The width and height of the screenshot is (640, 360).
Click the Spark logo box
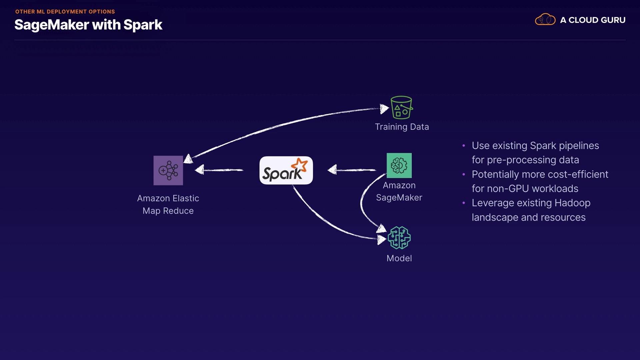point(286,170)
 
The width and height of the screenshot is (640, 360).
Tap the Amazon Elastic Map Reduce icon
point(168,170)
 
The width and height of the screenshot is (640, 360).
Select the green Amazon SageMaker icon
point(399,165)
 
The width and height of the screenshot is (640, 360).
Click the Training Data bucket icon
point(401,107)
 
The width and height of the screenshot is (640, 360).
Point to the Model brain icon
point(399,238)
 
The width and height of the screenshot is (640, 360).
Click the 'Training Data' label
point(402,127)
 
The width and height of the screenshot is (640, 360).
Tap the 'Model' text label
point(399,258)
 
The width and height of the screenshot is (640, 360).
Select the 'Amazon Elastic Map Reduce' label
point(168,204)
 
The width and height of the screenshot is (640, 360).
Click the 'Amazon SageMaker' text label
point(399,191)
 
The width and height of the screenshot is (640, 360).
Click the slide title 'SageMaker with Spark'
point(88,25)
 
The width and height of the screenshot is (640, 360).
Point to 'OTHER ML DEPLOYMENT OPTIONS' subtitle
point(65,12)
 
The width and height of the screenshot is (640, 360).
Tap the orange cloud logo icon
point(545,20)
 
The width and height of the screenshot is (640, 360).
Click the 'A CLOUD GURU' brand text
point(593,20)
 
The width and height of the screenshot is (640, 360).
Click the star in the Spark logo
point(299,165)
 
